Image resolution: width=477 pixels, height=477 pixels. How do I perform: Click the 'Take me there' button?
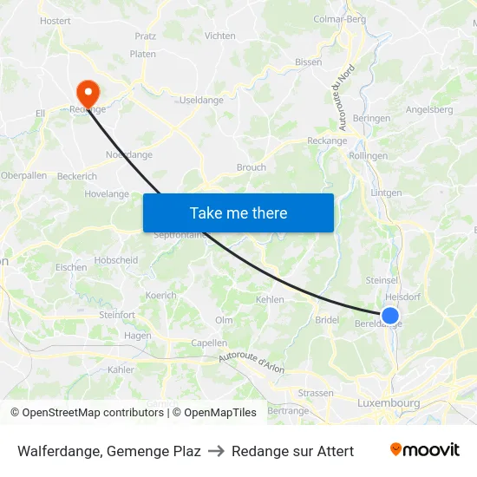pos(238,212)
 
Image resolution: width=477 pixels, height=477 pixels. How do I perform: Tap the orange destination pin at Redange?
pos(88,91)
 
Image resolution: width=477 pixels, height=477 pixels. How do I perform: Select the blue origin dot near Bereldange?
pos(390,316)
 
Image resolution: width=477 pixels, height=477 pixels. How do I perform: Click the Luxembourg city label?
pos(389,403)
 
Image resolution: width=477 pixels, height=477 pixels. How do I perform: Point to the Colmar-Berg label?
pos(340,18)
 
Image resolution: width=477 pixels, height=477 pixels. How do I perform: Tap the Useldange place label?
pos(201,101)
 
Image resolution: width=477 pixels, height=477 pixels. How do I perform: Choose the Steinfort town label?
pos(116,315)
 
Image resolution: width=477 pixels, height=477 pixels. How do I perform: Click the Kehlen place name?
pos(270,299)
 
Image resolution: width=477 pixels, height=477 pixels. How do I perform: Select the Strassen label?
pos(315,393)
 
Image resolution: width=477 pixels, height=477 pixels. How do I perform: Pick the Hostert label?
pos(56,20)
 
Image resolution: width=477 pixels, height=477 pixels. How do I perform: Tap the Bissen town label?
pos(308,62)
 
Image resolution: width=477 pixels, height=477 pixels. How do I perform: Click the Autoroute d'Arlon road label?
pos(252,361)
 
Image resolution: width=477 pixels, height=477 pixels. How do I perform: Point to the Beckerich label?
pos(77,175)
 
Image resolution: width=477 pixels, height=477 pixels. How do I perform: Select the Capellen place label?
pos(209,343)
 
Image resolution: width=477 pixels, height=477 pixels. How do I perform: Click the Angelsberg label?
pos(429,110)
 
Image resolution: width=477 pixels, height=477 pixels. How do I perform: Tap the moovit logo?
pos(425,450)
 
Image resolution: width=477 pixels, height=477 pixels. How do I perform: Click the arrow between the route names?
pos(216,451)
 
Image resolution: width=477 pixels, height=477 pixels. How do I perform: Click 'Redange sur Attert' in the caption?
pos(292,451)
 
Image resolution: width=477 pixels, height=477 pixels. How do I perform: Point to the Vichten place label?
pos(219,36)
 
